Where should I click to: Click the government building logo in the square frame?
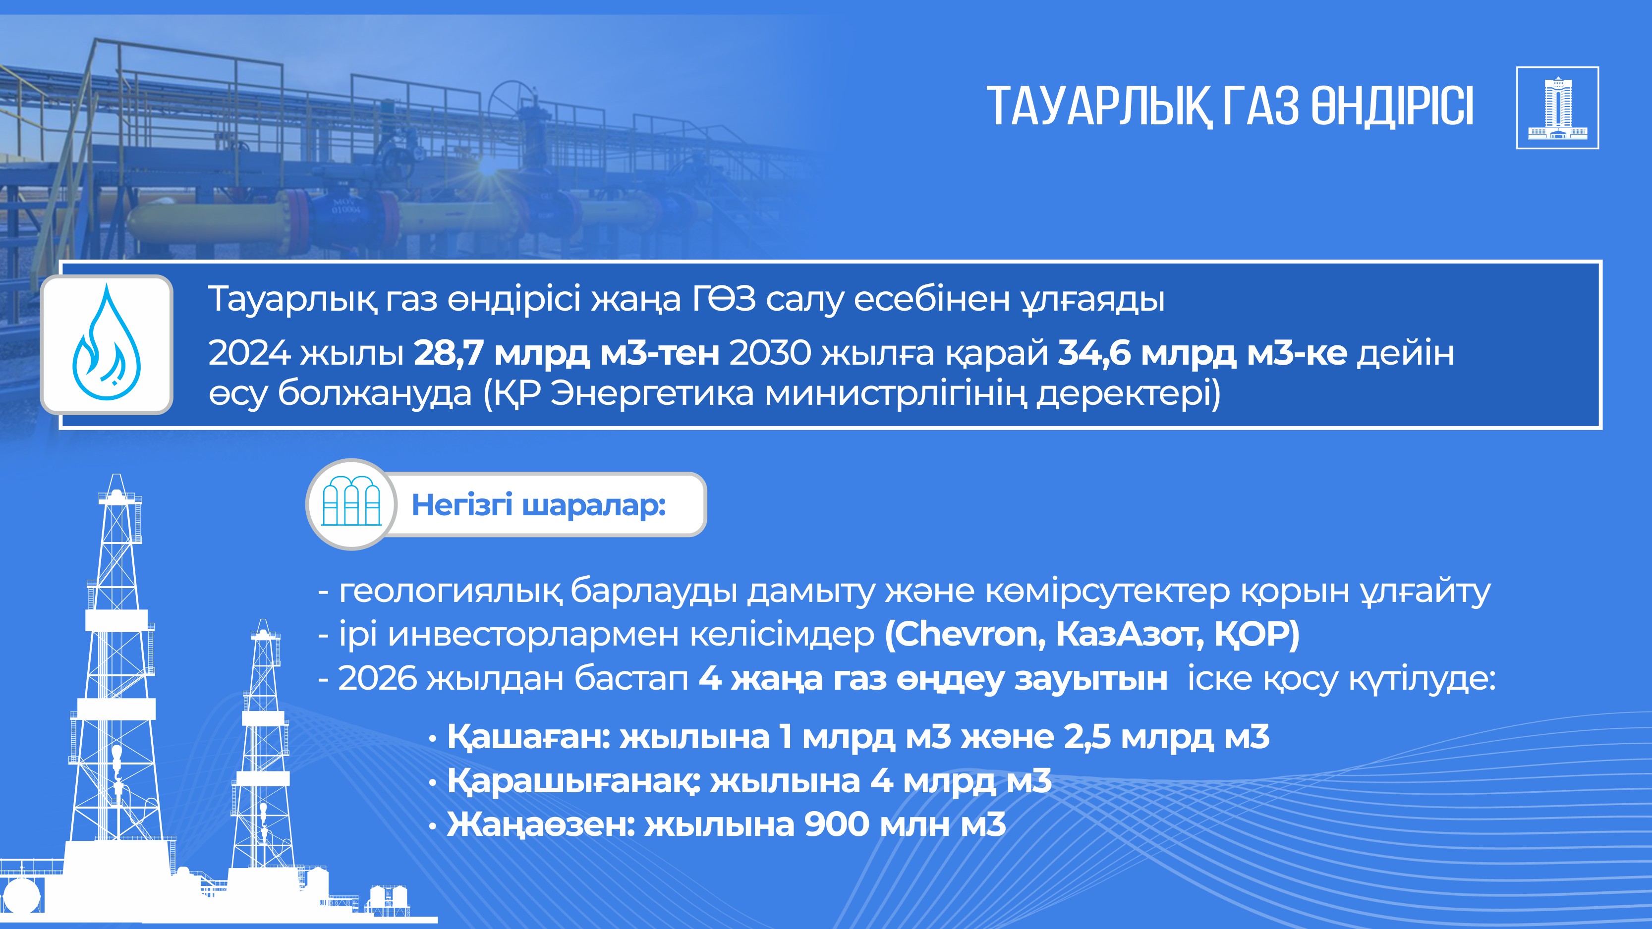[x=1557, y=108]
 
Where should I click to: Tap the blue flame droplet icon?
[x=107, y=342]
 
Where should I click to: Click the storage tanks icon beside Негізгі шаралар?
[x=351, y=504]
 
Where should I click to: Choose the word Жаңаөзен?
[x=541, y=825]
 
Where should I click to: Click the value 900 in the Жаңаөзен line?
[x=837, y=824]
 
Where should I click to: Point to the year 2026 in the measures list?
[x=377, y=679]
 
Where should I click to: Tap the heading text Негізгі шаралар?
[x=539, y=505]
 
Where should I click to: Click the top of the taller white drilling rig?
[x=116, y=475]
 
